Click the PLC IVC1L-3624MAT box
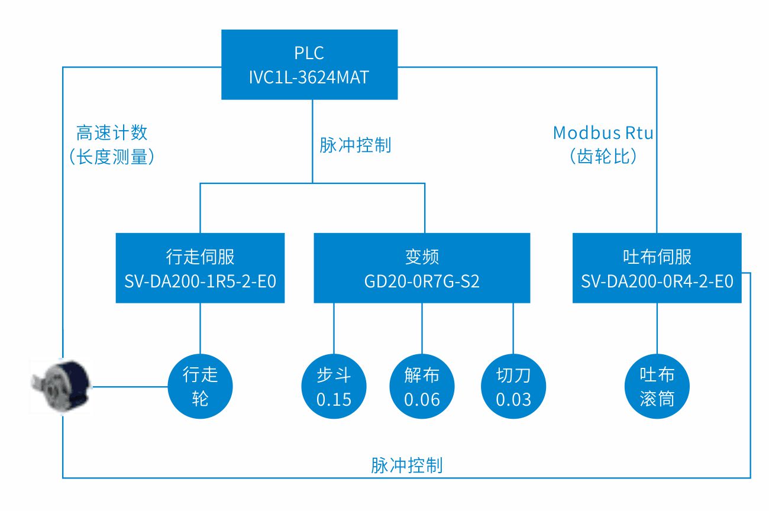(x=309, y=65)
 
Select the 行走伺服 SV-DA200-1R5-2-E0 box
(x=200, y=268)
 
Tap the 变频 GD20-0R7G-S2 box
(x=422, y=268)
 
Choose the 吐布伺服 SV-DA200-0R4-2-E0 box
(x=657, y=268)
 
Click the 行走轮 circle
(x=201, y=387)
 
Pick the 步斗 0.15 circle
(x=334, y=387)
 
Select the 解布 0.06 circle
(x=422, y=387)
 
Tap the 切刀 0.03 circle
(x=513, y=387)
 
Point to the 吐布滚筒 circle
(x=657, y=387)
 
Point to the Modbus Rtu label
(x=603, y=133)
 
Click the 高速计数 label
(x=112, y=133)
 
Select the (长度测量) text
(x=112, y=157)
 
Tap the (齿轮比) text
(x=603, y=157)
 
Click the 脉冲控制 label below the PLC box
(x=355, y=145)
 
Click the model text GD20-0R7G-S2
(x=422, y=281)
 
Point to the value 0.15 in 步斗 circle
(x=334, y=400)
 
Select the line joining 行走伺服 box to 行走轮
(x=200, y=328)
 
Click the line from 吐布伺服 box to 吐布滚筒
(x=657, y=328)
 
